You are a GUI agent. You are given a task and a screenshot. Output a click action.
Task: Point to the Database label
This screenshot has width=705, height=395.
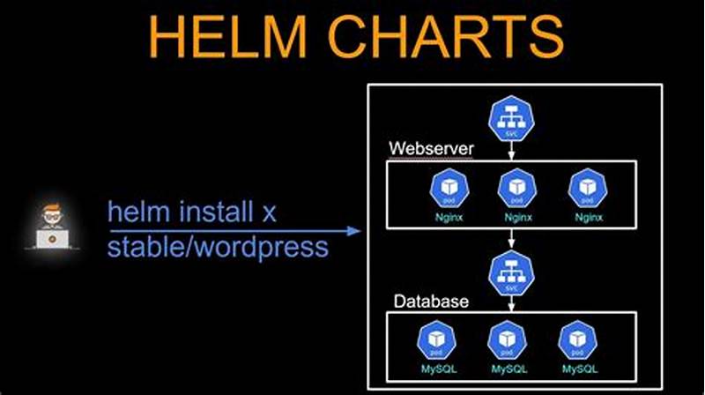430,302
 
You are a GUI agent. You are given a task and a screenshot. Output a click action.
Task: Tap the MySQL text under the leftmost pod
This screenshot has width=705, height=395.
437,368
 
